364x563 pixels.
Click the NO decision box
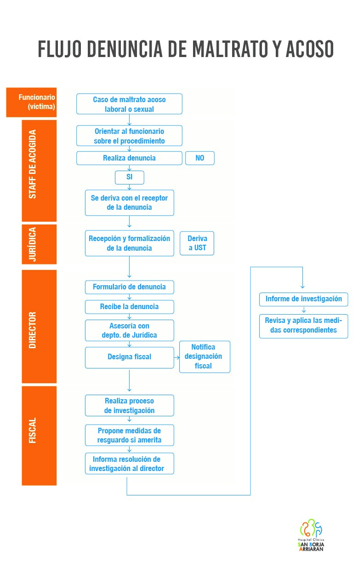point(200,158)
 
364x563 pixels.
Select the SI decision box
point(129,178)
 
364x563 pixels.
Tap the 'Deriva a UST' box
point(197,243)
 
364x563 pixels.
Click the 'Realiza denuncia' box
point(129,158)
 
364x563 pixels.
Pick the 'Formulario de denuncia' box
point(129,287)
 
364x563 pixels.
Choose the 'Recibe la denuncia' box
point(129,307)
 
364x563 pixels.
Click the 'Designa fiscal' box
point(129,357)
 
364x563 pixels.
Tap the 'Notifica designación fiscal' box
point(205,356)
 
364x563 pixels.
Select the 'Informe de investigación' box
point(303,299)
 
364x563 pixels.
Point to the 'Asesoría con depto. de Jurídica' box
point(129,330)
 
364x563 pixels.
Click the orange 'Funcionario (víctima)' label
point(31,102)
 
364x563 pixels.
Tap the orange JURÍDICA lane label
point(39,244)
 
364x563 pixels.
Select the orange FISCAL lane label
point(39,436)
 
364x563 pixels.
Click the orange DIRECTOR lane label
point(39,327)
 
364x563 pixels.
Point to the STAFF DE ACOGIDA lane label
point(39,171)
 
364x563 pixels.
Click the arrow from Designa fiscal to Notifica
point(177,357)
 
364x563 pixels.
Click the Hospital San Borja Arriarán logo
point(311,534)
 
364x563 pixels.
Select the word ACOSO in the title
point(309,49)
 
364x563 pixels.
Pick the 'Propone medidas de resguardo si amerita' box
point(129,435)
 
